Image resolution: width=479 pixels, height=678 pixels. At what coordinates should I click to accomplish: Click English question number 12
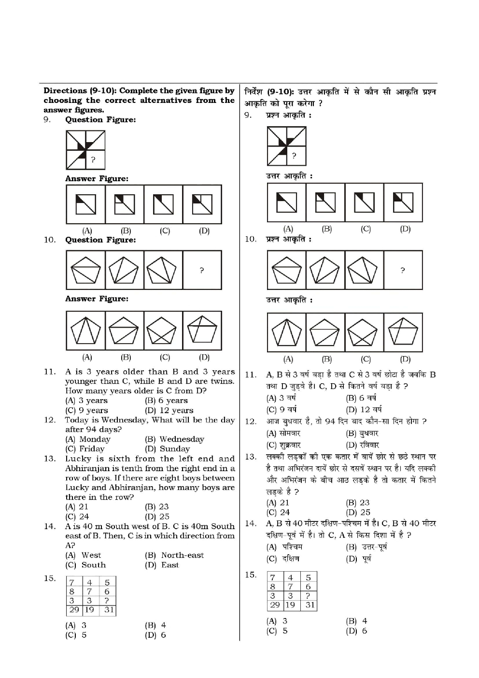click(50, 420)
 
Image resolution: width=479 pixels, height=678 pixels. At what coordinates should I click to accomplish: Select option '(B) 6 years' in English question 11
click(166, 401)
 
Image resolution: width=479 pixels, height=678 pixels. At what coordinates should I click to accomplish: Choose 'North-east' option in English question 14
click(175, 555)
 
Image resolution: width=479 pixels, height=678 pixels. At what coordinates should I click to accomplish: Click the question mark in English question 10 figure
click(202, 270)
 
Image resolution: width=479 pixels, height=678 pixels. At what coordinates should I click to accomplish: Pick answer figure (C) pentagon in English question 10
click(163, 331)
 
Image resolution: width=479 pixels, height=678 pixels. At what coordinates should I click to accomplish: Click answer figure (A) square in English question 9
click(86, 204)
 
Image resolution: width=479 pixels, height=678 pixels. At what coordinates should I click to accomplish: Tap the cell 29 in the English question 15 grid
click(73, 610)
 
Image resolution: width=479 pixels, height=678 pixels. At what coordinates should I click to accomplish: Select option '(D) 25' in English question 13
click(157, 517)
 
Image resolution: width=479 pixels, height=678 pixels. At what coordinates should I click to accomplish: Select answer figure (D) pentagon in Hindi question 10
click(403, 333)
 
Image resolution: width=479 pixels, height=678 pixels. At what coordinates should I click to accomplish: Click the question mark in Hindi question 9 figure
click(294, 156)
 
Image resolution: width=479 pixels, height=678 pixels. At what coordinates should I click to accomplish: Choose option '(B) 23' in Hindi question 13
click(358, 503)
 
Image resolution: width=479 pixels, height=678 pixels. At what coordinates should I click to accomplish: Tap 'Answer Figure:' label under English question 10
click(97, 299)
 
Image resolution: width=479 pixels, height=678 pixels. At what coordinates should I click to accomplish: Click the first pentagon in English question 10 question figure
click(85, 270)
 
